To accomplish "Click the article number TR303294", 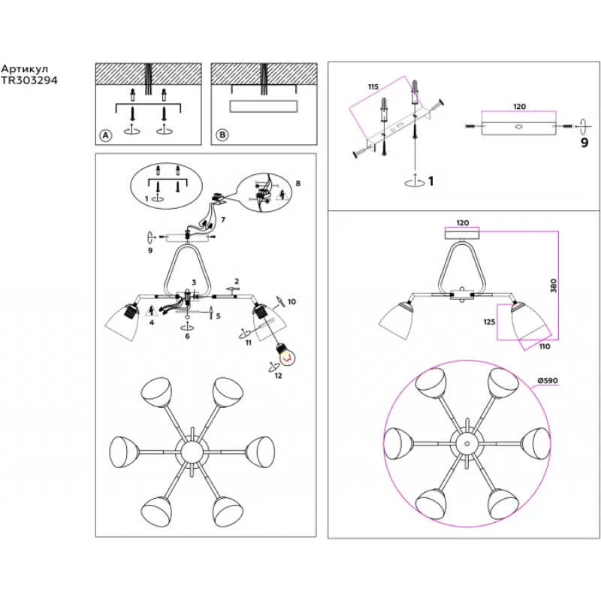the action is click(29, 80).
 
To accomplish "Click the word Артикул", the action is click(25, 69).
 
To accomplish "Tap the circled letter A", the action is click(105, 135).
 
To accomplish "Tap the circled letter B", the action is click(222, 135).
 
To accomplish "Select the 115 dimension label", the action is click(373, 87).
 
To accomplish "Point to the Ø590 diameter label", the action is click(548, 381).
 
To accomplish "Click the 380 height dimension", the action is click(553, 286).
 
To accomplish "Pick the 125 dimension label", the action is click(489, 322).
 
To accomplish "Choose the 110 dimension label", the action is click(544, 346).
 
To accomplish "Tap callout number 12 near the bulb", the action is click(278, 376).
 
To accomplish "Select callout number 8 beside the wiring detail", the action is click(297, 183).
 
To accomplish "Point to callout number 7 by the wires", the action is click(222, 220).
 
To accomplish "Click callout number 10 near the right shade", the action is click(291, 302).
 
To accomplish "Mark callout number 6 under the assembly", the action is click(187, 336).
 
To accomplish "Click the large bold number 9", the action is click(584, 143).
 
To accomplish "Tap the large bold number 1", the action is click(430, 181).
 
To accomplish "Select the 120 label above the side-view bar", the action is click(519, 107).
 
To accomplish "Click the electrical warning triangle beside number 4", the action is click(152, 311).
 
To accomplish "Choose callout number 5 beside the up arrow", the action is click(218, 316).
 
